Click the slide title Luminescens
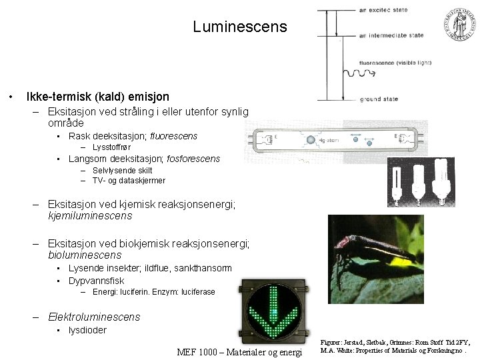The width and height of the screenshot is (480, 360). (240, 27)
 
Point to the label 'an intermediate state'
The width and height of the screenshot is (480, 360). (391, 35)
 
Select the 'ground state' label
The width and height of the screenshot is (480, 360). (379, 99)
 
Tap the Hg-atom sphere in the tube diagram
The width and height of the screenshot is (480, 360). (311, 140)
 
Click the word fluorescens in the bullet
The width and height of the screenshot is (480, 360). (174, 136)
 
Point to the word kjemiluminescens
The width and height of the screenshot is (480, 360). (90, 215)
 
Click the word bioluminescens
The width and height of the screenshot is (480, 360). (85, 255)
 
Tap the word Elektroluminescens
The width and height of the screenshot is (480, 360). (94, 317)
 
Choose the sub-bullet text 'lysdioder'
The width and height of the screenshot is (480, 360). (87, 330)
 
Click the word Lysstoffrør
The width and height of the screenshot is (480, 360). (111, 147)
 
